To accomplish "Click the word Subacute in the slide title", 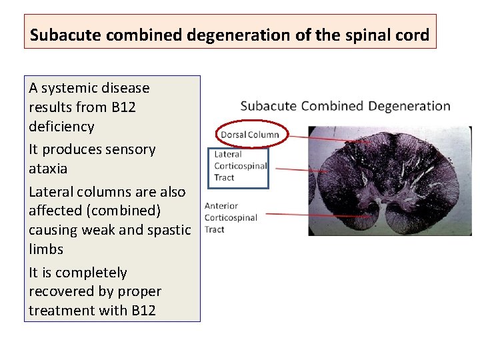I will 61,35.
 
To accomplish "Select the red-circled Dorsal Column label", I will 250,135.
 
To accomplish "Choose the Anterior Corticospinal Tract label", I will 231,217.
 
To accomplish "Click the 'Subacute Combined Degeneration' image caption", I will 345,106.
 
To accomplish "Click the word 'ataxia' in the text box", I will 48,169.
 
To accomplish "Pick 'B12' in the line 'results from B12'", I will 123,107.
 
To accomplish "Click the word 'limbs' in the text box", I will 46,249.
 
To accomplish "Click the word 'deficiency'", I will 61,126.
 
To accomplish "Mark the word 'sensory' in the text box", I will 130,149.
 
